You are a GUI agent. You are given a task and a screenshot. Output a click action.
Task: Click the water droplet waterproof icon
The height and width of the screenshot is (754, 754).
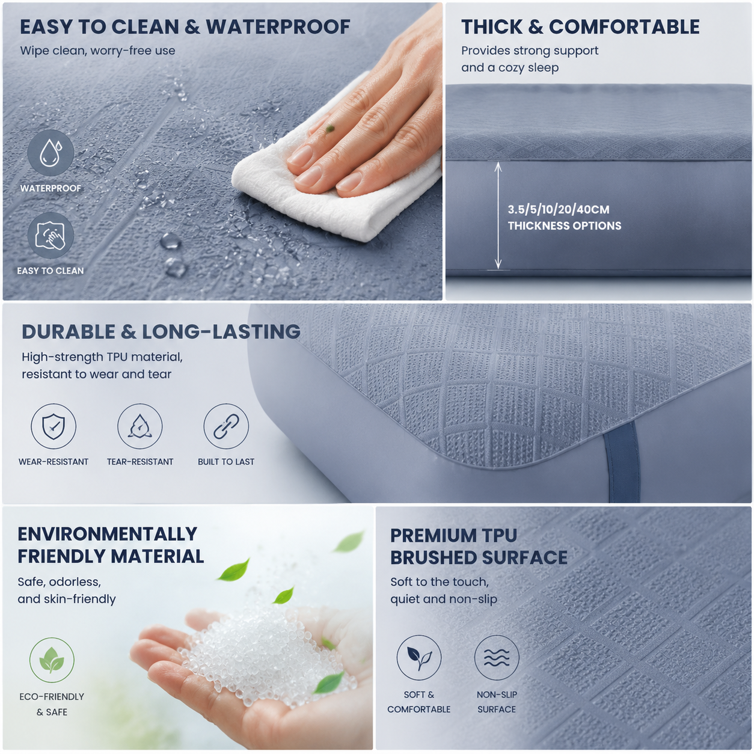pos(51,153)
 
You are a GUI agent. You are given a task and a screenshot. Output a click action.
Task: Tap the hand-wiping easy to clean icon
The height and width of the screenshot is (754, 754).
pos(51,235)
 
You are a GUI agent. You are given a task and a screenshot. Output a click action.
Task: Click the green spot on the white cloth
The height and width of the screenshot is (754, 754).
pos(330,127)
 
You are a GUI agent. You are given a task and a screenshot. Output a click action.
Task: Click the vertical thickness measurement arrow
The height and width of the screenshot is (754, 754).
pos(498,215)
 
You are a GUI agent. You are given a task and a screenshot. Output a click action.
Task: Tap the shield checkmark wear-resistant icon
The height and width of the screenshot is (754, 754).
pos(54,426)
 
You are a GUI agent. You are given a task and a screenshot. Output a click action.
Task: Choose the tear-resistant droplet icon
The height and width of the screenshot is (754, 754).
pos(140,426)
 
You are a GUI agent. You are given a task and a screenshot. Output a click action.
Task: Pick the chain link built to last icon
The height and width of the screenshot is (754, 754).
pos(226,426)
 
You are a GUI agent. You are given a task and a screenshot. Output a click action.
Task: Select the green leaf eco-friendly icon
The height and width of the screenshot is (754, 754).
pos(52,660)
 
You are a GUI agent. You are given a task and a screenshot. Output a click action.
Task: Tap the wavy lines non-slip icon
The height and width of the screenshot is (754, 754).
pos(497,657)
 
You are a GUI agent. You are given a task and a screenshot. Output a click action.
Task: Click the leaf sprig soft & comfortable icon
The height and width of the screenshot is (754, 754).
pos(419,657)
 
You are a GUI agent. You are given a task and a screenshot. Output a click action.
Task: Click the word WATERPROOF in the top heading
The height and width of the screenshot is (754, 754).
pos(278,26)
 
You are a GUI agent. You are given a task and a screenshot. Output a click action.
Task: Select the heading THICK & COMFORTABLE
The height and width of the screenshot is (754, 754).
pos(580,26)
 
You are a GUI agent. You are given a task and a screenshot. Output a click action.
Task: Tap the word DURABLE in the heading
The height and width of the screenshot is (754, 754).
pos(69,332)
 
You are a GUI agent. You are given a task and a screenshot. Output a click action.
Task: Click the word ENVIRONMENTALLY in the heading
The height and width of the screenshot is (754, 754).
pos(107,534)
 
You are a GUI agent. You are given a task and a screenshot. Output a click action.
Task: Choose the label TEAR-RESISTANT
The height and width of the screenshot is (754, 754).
pos(140,462)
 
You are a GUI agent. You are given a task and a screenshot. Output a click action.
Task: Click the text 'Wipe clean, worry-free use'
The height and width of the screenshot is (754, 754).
pos(97,51)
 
